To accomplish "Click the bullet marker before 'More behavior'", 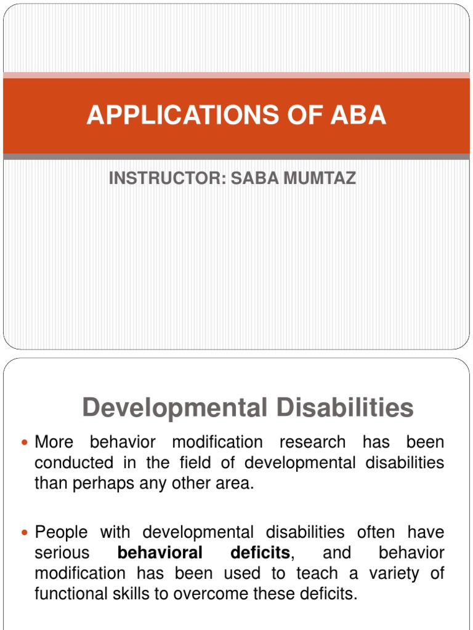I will (x=25, y=443).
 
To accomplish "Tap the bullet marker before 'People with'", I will (x=25, y=533).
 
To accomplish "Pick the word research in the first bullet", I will (x=312, y=442).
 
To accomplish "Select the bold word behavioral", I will (x=160, y=553).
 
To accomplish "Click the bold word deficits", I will (x=259, y=553).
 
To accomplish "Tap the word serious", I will (x=62, y=553).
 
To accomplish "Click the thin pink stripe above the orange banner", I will (x=236, y=76).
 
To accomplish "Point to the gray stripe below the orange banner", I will (x=236, y=157).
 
